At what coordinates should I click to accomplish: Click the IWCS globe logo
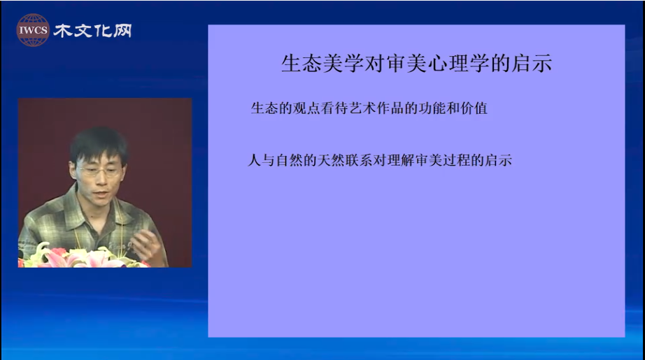tap(33, 30)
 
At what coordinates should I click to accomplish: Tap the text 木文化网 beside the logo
tap(92, 31)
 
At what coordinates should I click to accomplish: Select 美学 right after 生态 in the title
tap(343, 64)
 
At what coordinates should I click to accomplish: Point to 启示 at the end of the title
tap(532, 64)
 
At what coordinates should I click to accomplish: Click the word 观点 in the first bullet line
tap(306, 108)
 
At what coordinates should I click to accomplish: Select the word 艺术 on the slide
tap(362, 108)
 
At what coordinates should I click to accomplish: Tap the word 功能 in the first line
tap(432, 108)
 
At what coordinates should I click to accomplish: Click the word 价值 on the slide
tap(474, 108)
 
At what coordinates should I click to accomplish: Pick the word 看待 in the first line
tap(334, 108)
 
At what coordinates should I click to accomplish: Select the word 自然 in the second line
tap(289, 160)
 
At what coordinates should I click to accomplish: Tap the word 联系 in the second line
tap(359, 160)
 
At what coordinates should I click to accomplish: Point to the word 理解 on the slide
tap(401, 160)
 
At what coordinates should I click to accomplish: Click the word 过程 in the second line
tap(457, 160)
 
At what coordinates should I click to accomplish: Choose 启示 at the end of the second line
tap(498, 160)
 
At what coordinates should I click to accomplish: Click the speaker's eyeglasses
tap(99, 171)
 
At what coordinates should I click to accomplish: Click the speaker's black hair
tap(99, 144)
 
